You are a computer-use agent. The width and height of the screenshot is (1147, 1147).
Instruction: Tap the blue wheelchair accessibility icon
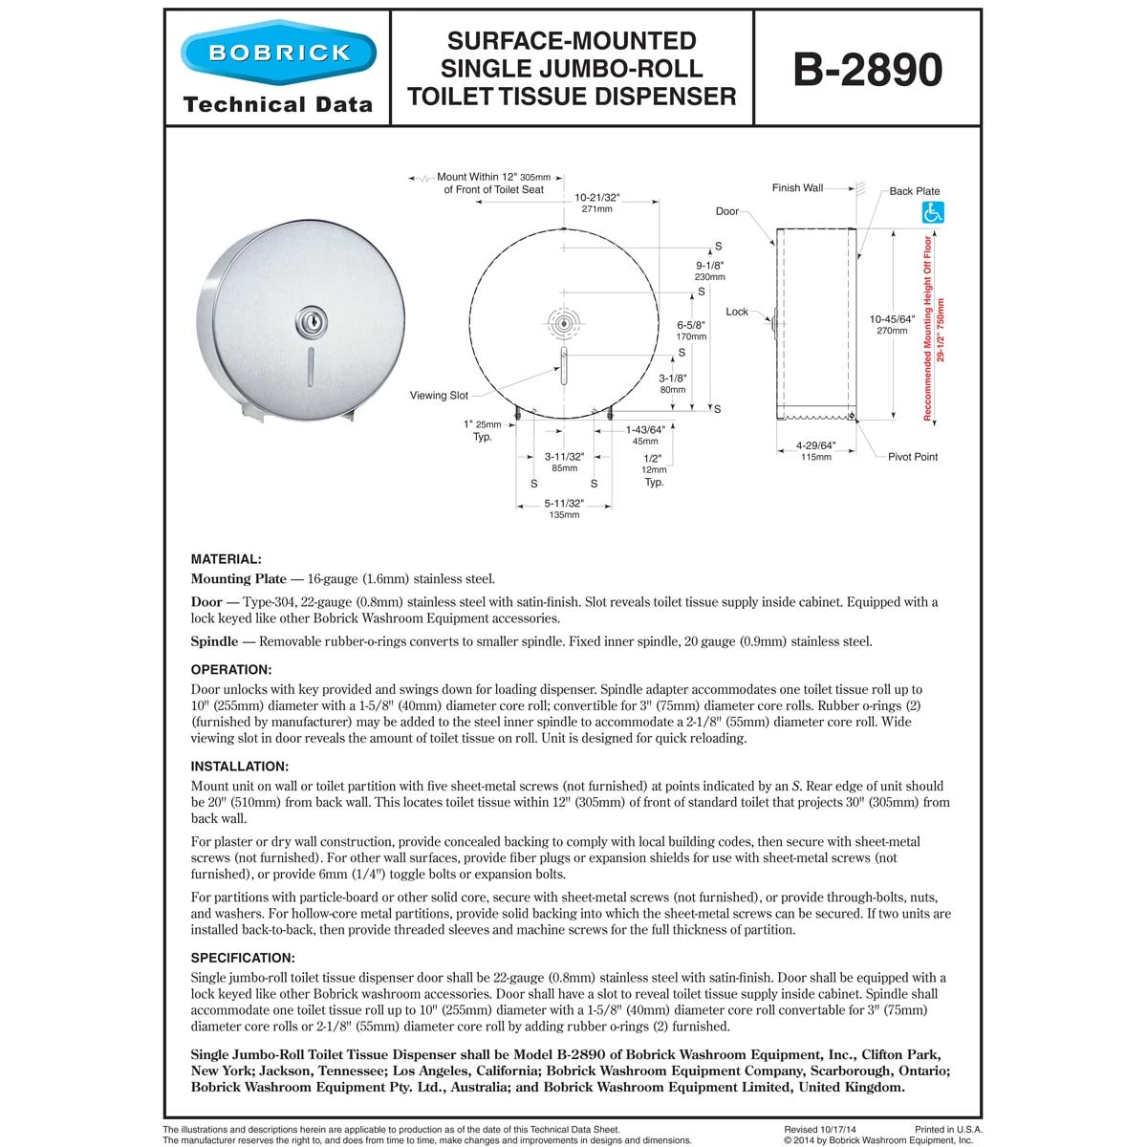click(x=931, y=213)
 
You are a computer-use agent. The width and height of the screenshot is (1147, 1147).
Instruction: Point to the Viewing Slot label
click(x=439, y=395)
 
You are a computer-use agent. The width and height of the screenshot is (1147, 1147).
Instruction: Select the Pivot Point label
click(x=912, y=457)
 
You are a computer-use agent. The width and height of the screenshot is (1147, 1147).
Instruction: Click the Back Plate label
click(x=915, y=191)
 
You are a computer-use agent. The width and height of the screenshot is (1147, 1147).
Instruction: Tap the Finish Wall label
click(x=797, y=188)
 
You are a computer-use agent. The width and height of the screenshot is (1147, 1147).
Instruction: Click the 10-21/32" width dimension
click(x=597, y=198)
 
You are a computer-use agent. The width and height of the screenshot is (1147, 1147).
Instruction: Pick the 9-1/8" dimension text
click(x=710, y=266)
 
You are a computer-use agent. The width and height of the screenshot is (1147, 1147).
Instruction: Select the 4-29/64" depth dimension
click(x=815, y=445)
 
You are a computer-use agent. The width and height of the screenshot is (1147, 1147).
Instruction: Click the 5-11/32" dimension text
click(x=564, y=503)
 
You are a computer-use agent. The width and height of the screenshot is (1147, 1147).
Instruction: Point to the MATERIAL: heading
click(x=226, y=559)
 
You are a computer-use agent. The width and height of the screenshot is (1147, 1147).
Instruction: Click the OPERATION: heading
click(x=231, y=670)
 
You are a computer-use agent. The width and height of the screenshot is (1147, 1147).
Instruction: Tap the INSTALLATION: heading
click(x=239, y=767)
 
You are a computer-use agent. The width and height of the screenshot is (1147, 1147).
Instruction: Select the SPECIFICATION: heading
click(x=243, y=958)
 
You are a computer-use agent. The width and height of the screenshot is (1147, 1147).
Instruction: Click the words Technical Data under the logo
click(x=277, y=104)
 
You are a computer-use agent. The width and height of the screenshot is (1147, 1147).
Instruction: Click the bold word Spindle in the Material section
click(x=214, y=641)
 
